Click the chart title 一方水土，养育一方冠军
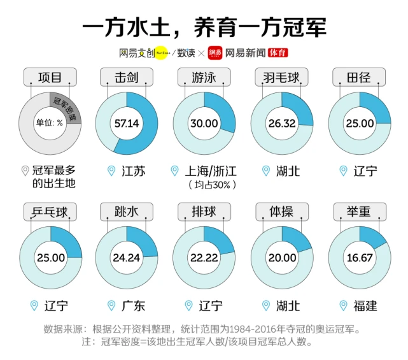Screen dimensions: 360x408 coord(204,26)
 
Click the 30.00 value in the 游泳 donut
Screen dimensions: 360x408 coord(204,123)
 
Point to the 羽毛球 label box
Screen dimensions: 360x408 coord(281,78)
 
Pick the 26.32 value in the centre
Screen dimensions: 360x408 coord(281,123)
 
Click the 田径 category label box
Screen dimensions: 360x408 coord(359,78)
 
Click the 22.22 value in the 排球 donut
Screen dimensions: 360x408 coord(204,257)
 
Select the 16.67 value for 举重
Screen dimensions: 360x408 coord(359,257)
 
